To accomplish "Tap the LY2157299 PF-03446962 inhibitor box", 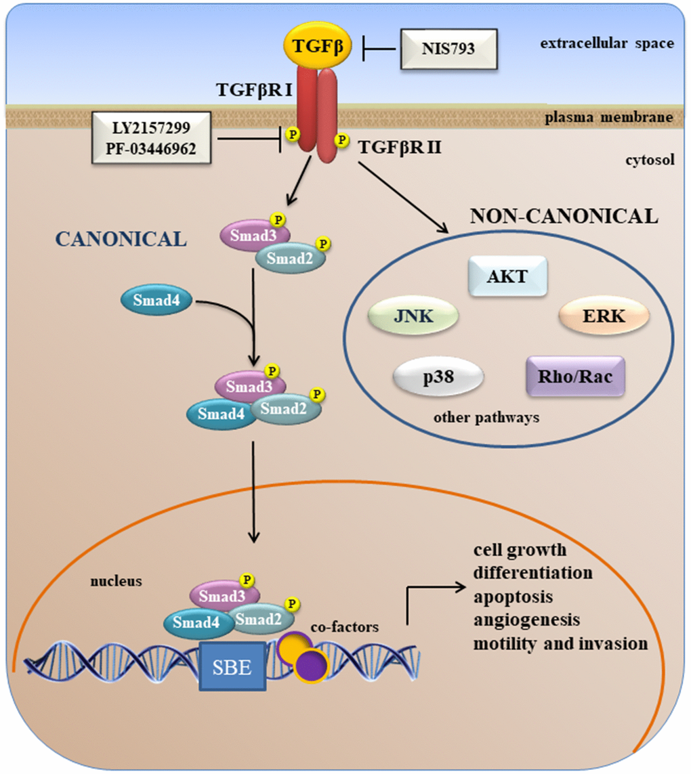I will pyautogui.click(x=151, y=139).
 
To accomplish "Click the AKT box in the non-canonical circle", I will pyautogui.click(x=507, y=276).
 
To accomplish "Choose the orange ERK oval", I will pyautogui.click(x=604, y=317).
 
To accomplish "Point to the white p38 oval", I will pyautogui.click(x=438, y=377).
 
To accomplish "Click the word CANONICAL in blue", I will pyautogui.click(x=121, y=239).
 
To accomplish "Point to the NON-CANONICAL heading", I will pyautogui.click(x=564, y=217).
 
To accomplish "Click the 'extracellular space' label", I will pyautogui.click(x=607, y=44).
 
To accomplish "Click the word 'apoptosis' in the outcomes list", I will pyautogui.click(x=514, y=597).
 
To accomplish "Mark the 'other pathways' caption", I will pyautogui.click(x=486, y=417).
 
